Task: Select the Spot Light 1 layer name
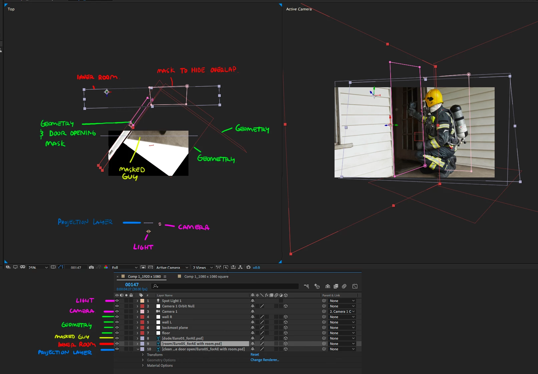(x=171, y=301)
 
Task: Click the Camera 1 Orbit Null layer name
(x=178, y=306)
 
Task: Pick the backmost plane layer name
(x=175, y=328)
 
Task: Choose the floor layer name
(x=166, y=333)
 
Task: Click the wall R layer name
(x=167, y=317)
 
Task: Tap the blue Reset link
(x=254, y=355)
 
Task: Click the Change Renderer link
(x=264, y=360)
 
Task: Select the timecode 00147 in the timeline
(x=132, y=284)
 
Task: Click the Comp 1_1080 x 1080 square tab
(x=206, y=276)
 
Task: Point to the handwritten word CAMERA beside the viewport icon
(x=193, y=227)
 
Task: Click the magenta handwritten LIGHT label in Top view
(x=143, y=247)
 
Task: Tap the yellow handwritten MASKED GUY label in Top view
(x=132, y=173)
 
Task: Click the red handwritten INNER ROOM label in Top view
(x=97, y=77)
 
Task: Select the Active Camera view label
(x=299, y=9)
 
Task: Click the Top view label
(x=11, y=9)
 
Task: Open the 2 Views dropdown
(x=202, y=267)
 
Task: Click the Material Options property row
(x=160, y=365)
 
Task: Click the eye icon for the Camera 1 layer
(x=117, y=311)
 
